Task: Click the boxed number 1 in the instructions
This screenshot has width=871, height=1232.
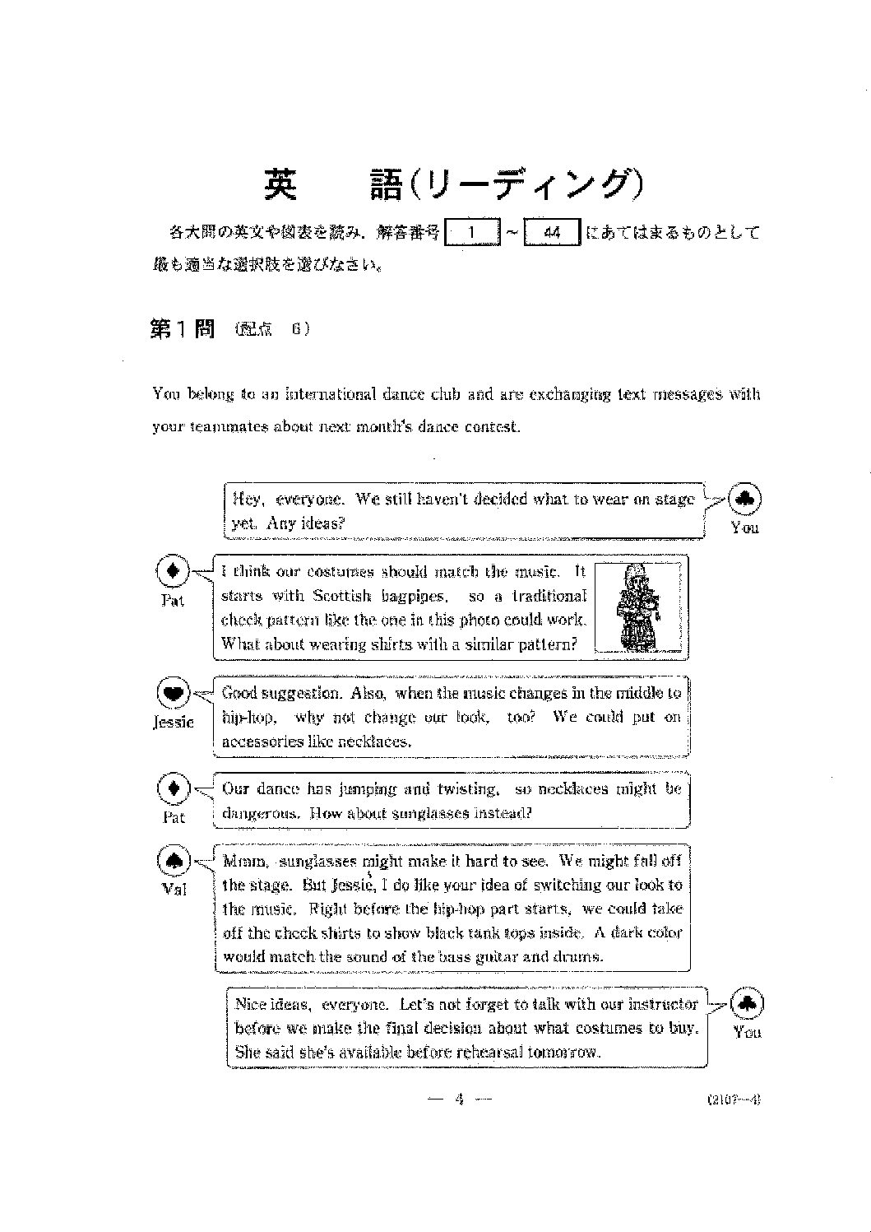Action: (471, 233)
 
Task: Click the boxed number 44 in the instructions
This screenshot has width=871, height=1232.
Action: (552, 233)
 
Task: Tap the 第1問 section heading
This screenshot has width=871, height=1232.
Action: (182, 329)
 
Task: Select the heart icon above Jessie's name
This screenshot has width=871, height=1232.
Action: (173, 693)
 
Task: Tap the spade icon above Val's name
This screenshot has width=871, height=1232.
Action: (174, 861)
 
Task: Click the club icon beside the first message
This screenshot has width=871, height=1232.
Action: (744, 499)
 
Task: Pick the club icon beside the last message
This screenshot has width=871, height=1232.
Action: (748, 1003)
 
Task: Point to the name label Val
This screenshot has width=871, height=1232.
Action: (174, 889)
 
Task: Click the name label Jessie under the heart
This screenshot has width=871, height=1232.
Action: (174, 723)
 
